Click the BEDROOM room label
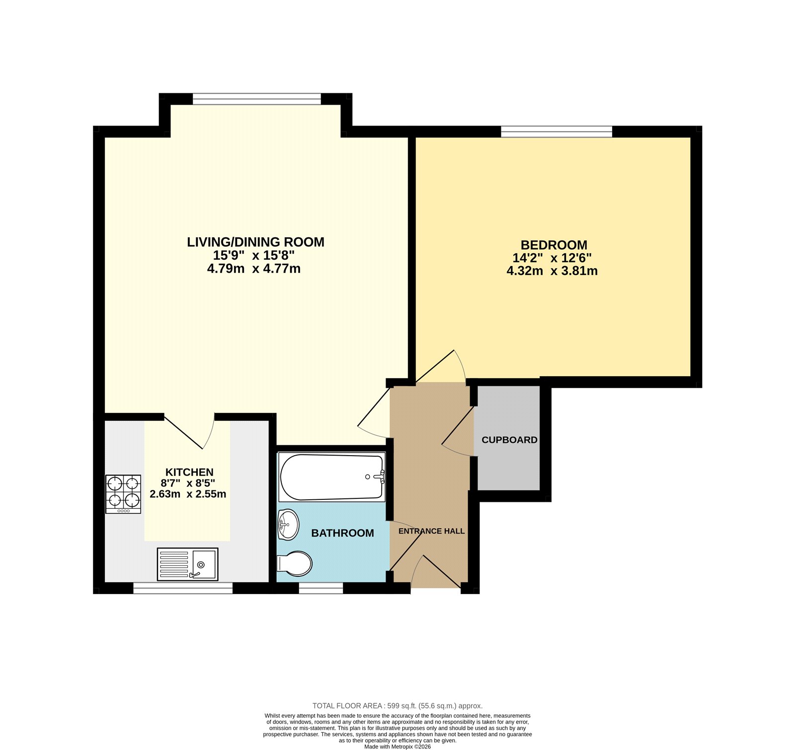pyautogui.click(x=554, y=245)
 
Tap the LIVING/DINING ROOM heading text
pyautogui.click(x=255, y=242)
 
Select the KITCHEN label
pyautogui.click(x=189, y=472)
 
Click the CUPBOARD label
pyautogui.click(x=509, y=440)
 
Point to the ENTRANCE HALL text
pyautogui.click(x=431, y=531)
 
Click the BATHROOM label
pyautogui.click(x=342, y=533)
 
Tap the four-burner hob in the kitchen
pyautogui.click(x=123, y=494)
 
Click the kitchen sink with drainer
pyautogui.click(x=187, y=564)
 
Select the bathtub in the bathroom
pyautogui.click(x=331, y=477)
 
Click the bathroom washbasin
pyautogui.click(x=288, y=524)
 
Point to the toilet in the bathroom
pyautogui.click(x=294, y=564)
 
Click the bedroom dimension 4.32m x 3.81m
pyautogui.click(x=552, y=271)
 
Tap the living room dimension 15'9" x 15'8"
pyautogui.click(x=254, y=256)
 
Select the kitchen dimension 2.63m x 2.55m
pyautogui.click(x=188, y=494)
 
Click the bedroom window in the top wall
pyautogui.click(x=556, y=132)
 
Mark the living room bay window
pyautogui.click(x=257, y=99)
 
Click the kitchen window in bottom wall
pyautogui.click(x=183, y=588)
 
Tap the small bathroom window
pyautogui.click(x=320, y=588)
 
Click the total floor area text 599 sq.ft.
pyautogui.click(x=397, y=706)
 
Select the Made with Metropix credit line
pyautogui.click(x=397, y=747)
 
